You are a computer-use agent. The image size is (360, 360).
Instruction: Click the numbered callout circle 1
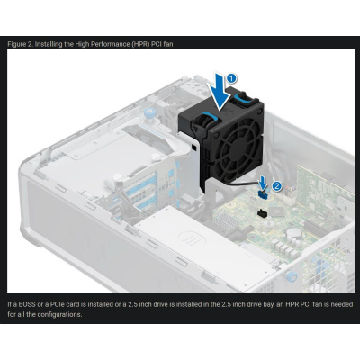tap(231, 78)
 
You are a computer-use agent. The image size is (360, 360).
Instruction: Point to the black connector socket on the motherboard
tap(259, 213)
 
